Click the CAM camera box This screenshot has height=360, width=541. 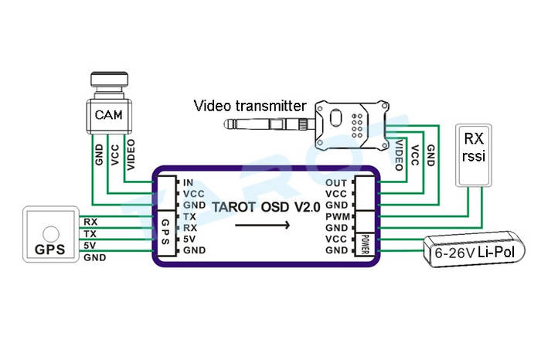(x=109, y=115)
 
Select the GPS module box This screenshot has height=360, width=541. (x=50, y=233)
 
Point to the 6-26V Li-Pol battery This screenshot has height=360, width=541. (x=474, y=252)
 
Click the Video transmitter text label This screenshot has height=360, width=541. (x=250, y=106)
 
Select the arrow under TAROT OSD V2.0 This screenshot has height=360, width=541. (x=263, y=226)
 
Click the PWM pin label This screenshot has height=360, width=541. (x=336, y=217)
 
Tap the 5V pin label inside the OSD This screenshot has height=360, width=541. (x=189, y=239)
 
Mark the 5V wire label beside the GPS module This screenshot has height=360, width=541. (x=90, y=246)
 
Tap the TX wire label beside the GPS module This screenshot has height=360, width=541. (x=90, y=233)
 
